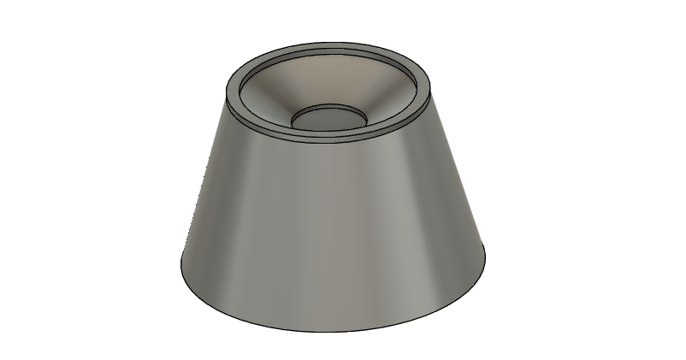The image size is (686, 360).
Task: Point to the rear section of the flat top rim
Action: tap(329, 45)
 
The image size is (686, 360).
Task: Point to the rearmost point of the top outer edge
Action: tap(329, 40)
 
